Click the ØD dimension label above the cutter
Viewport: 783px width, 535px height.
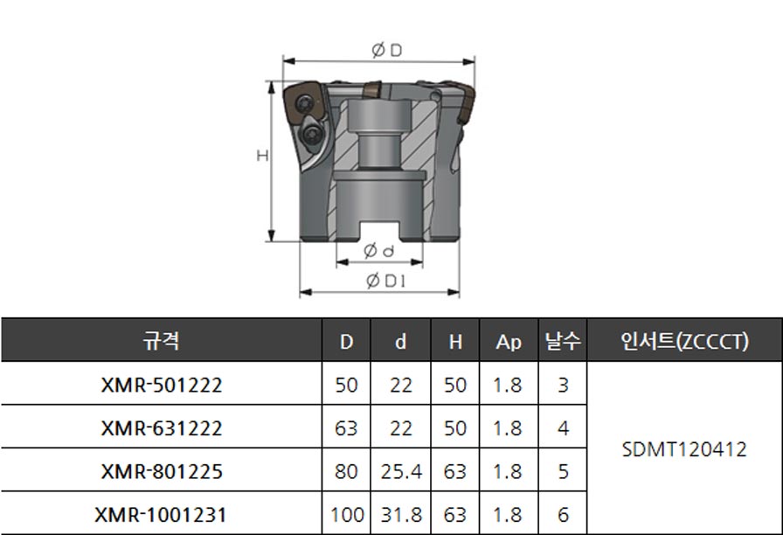(387, 50)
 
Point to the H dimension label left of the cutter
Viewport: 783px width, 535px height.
(263, 156)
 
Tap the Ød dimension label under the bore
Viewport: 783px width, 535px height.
(379, 250)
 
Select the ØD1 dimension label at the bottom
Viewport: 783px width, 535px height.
(386, 281)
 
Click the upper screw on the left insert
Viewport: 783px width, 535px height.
(303, 104)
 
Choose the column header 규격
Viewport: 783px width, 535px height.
(161, 341)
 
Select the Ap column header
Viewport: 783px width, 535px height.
(509, 342)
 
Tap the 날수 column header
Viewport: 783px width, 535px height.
(563, 341)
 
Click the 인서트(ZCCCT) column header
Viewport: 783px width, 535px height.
(684, 341)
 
